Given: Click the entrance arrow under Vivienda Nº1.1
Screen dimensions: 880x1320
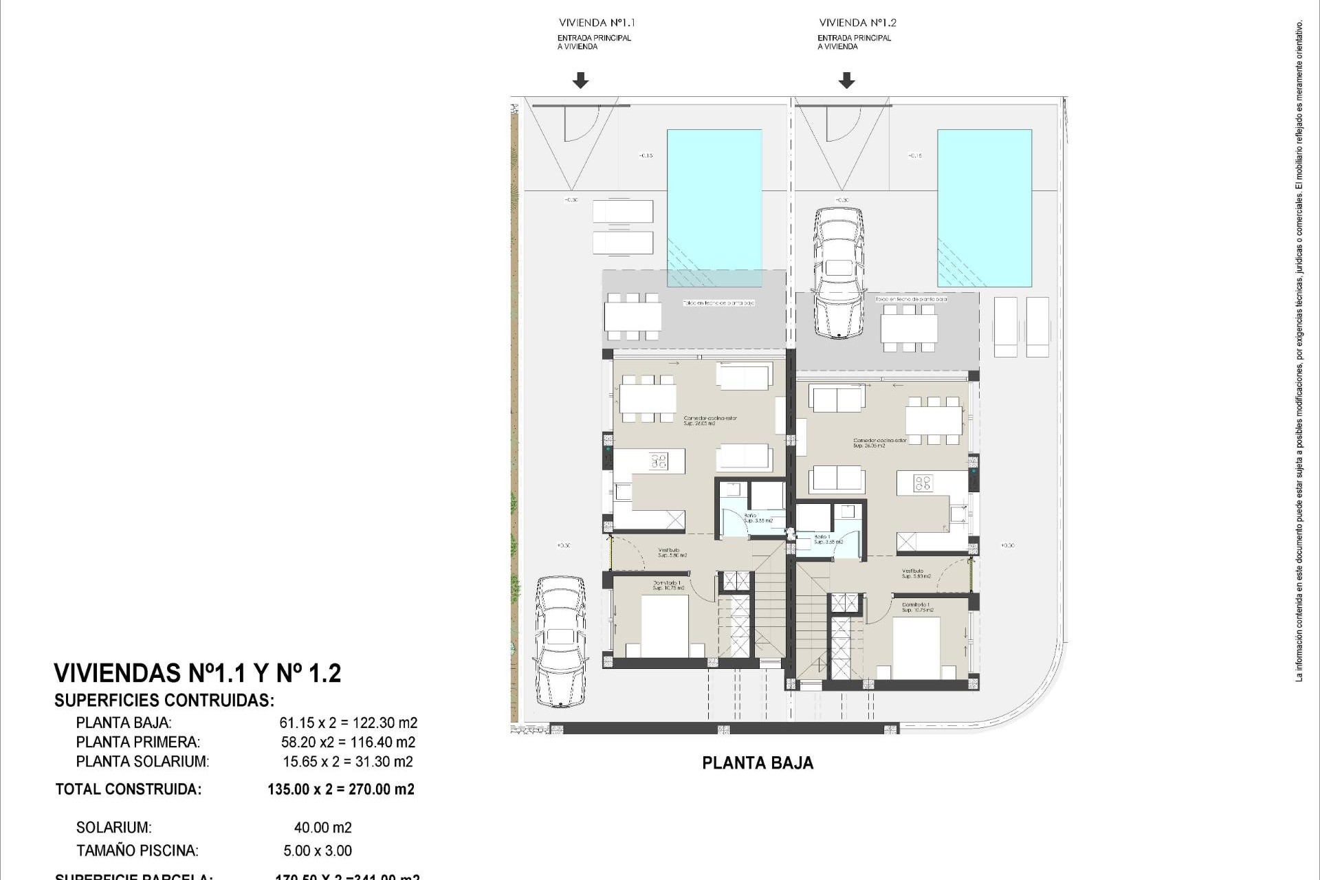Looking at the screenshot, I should [580, 81].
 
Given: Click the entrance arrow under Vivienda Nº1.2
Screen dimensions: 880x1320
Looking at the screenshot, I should [846, 81].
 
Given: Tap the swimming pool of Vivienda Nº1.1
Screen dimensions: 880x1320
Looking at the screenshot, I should [714, 208].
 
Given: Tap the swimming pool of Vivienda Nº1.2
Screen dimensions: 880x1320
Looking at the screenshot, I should [984, 208].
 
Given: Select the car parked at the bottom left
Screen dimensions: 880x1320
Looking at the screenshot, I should [561, 641].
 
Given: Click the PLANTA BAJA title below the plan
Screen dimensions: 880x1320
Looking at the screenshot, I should [758, 763].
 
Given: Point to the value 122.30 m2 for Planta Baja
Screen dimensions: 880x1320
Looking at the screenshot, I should [384, 723].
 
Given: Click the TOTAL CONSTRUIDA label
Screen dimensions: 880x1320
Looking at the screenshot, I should [129, 789].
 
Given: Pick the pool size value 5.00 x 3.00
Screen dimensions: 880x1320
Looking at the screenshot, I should [318, 850].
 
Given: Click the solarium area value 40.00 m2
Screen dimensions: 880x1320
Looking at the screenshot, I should [322, 828].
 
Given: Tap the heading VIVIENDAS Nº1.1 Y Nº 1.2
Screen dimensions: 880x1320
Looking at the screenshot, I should [197, 673].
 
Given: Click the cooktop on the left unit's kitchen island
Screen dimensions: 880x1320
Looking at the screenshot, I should [659, 461].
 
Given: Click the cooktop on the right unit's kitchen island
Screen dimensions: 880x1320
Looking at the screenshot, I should [923, 483].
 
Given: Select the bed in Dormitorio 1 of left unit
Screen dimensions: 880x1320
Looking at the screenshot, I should [664, 626].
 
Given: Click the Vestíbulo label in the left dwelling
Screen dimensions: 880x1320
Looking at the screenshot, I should [668, 550].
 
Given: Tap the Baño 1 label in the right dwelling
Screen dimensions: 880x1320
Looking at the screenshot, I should [822, 537].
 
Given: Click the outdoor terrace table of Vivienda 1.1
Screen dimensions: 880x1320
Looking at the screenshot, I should [632, 317].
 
